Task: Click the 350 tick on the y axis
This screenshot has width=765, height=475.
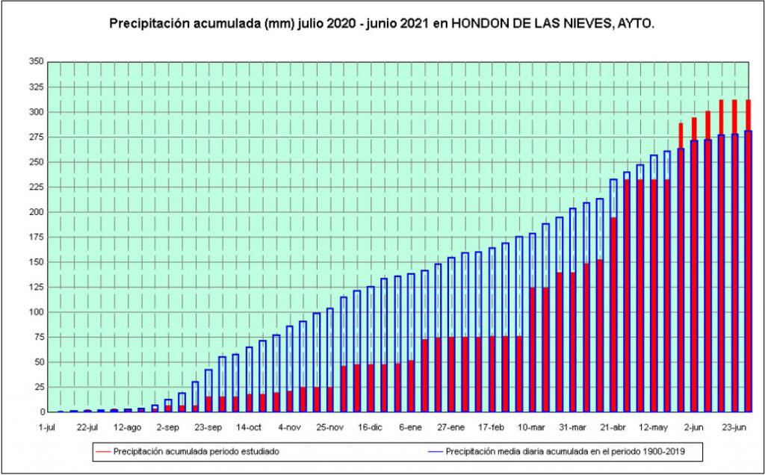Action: pos(35,62)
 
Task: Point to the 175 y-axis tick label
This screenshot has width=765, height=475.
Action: pos(35,237)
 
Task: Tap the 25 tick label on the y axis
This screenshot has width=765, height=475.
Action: pos(37,387)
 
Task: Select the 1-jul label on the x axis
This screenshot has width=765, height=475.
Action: pos(47,428)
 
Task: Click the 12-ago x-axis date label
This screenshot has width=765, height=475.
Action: pos(128,428)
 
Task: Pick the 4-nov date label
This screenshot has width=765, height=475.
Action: pos(289,428)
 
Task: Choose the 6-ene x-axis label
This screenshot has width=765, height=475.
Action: pos(410,428)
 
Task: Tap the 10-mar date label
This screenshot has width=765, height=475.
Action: pos(531,428)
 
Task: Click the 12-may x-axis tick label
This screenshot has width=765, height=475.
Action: pos(653,428)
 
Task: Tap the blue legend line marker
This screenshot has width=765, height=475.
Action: pos(436,451)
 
